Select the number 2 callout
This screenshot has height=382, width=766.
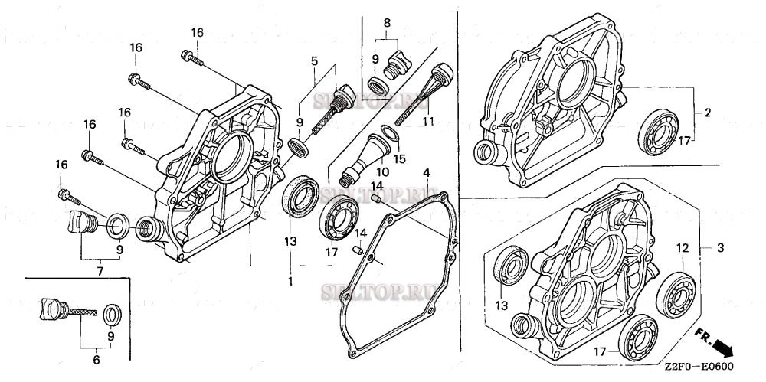[x=708, y=113]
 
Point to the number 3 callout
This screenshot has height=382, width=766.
[x=720, y=249]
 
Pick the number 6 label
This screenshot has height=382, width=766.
[x=97, y=358]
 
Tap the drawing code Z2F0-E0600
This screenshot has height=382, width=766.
[x=699, y=366]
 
